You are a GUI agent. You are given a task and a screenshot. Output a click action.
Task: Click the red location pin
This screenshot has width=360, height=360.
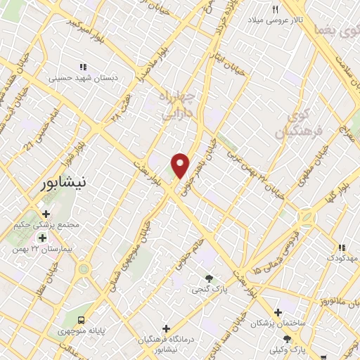pos(181,165)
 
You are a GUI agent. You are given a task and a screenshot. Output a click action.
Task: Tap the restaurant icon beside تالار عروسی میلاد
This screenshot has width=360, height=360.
pos(276,10)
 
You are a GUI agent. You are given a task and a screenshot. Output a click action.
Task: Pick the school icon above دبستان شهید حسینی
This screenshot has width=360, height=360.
pos(83,67)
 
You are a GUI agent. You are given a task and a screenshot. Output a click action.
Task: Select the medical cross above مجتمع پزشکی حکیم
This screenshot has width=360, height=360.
pos(46,214)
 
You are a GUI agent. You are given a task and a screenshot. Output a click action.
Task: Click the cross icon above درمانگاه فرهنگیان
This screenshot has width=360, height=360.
pos(166,328)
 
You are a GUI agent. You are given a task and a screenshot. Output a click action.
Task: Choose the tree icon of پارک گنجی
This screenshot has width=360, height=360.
pos(208,278)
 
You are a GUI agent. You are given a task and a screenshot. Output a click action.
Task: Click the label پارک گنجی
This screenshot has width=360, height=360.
pos(209,289)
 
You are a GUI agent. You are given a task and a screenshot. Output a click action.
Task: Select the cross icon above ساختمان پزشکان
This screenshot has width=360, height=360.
pos(278,312)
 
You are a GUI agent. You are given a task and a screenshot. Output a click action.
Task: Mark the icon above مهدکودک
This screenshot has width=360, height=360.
pos(342,247)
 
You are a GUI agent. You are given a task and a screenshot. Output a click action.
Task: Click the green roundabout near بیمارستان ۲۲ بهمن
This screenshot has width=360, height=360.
pos(84,269)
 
